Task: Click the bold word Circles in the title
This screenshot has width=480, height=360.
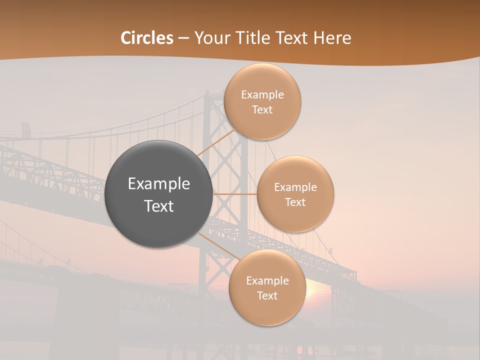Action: pyautogui.click(x=147, y=37)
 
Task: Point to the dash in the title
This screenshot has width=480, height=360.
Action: pyautogui.click(x=183, y=38)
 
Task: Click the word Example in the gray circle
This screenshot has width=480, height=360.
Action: pyautogui.click(x=159, y=184)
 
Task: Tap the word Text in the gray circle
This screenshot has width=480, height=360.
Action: pyautogui.click(x=159, y=206)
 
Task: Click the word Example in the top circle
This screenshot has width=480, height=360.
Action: pyautogui.click(x=262, y=94)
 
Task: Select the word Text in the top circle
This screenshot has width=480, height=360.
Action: pyautogui.click(x=262, y=109)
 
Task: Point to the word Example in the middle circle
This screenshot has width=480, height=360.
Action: pyautogui.click(x=295, y=187)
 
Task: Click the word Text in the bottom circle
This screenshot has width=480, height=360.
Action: pyautogui.click(x=267, y=295)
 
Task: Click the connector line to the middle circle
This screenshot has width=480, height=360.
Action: pyautogui.click(x=234, y=194)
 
